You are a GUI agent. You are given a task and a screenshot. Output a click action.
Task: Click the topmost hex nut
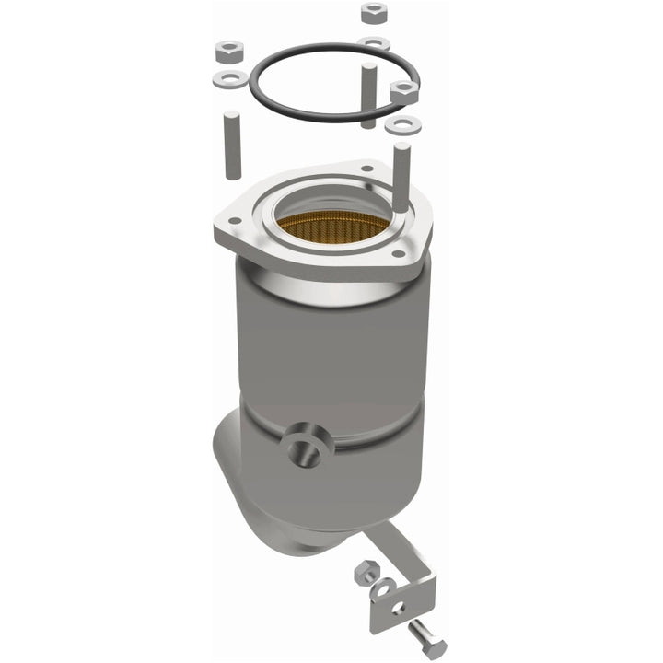[x=373, y=12]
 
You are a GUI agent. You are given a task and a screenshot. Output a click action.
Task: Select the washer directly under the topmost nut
[x=374, y=42]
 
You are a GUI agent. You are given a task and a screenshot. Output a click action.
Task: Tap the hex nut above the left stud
[x=227, y=50]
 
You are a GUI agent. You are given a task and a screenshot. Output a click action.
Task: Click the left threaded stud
[x=231, y=145]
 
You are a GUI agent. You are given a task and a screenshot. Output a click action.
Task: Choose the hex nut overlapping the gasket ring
[x=403, y=91]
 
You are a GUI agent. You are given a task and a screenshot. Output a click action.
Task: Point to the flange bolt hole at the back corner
[x=367, y=169]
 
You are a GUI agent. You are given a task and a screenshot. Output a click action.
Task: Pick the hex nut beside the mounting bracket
[x=364, y=573]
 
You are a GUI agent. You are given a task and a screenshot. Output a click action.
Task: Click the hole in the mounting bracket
[x=399, y=608]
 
